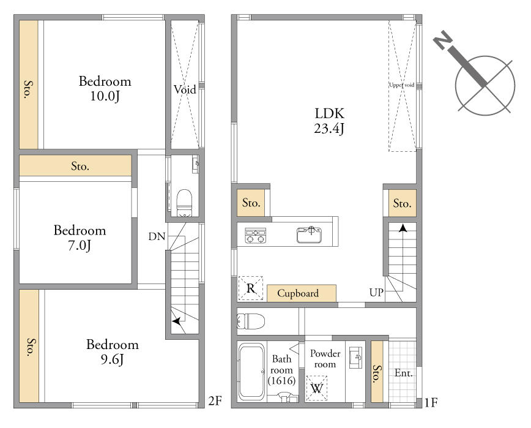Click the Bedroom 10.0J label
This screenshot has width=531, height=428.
105,88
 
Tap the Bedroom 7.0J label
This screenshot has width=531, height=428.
80,238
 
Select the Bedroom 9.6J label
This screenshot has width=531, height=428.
113,351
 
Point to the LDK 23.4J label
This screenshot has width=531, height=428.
329,121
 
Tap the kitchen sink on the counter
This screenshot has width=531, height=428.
309,235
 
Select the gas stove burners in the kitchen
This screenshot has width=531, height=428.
255,236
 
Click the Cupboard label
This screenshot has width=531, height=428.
298,293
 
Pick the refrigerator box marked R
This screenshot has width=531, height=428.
251,288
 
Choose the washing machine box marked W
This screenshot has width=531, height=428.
317,388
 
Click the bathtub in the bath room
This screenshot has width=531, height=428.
251,372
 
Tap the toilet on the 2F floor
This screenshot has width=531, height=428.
184,203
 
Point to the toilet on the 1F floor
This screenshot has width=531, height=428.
251,321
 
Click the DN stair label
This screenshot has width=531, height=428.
157,236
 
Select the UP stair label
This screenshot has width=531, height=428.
376,292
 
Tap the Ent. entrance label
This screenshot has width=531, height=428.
404,373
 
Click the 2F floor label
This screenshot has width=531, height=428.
215,401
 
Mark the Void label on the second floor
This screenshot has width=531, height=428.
185,89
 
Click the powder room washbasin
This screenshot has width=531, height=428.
355,358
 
